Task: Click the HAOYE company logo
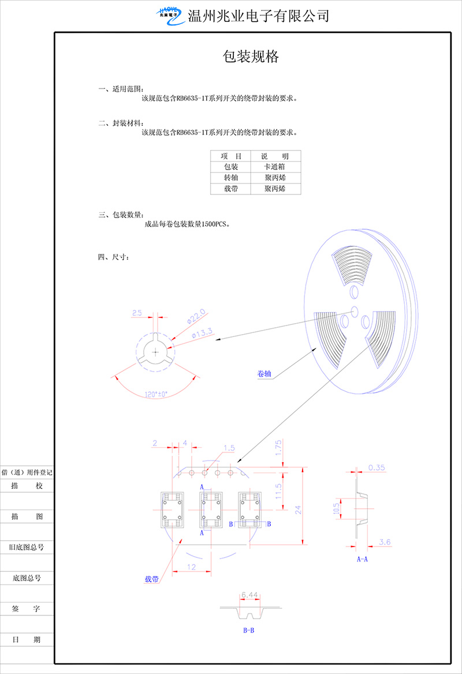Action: click(170, 16)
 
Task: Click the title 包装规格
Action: click(251, 57)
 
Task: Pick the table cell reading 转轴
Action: click(230, 178)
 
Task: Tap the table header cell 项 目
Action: click(230, 156)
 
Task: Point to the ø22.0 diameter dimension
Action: click(196, 316)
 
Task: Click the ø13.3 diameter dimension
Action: click(202, 333)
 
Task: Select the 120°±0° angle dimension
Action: click(156, 394)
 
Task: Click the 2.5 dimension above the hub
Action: click(137, 313)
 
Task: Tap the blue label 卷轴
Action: click(264, 373)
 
